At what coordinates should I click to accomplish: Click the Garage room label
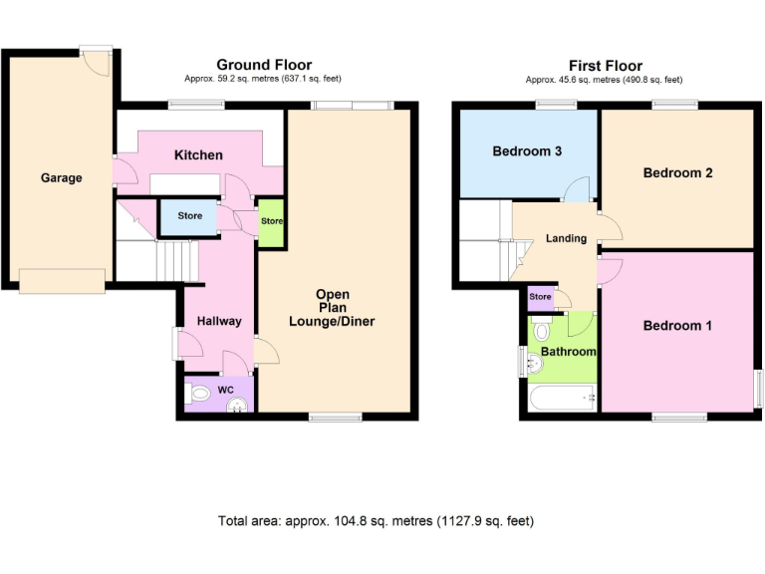(61, 178)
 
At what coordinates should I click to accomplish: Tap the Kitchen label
(198, 155)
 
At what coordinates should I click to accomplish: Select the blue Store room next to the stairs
(189, 216)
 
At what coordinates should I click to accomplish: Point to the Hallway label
(218, 321)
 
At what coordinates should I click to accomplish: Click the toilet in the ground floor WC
(200, 395)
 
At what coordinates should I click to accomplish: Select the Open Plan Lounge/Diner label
(332, 308)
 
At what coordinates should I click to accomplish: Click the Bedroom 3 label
(527, 151)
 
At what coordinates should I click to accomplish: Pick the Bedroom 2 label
(677, 172)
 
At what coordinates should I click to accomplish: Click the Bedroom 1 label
(677, 325)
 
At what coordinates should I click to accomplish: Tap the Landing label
(566, 238)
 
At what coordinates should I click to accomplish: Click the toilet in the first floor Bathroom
(543, 329)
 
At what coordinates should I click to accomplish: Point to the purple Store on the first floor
(540, 297)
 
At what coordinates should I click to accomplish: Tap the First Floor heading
(605, 66)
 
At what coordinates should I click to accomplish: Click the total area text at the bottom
(382, 521)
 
